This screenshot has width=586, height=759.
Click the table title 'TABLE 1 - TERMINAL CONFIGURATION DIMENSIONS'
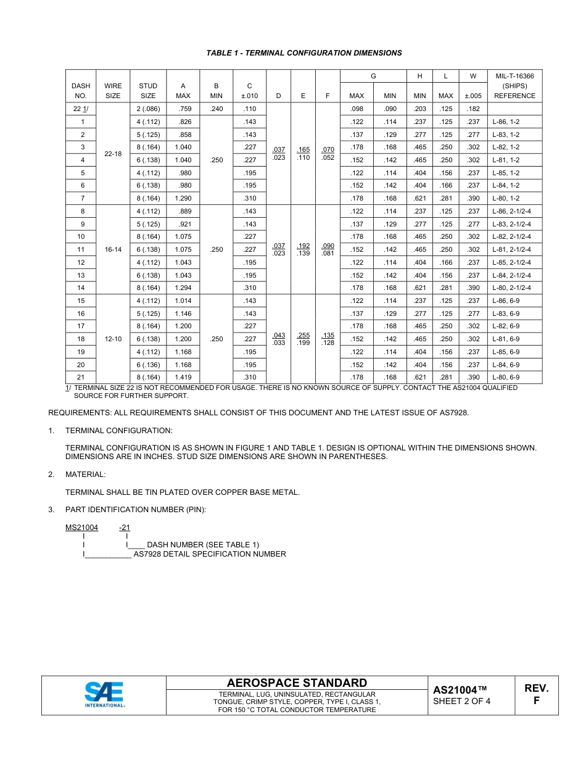(303, 53)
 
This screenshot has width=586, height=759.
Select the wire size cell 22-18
(113, 154)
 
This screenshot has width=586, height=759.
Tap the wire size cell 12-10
(113, 339)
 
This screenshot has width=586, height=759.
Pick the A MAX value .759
(183, 109)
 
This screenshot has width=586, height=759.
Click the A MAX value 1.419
(183, 377)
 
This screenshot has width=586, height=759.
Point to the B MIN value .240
(217, 109)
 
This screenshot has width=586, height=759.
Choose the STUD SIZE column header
(148, 91)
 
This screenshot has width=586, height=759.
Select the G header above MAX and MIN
(373, 76)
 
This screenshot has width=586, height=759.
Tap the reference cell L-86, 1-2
(506, 122)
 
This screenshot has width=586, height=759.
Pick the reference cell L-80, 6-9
(506, 377)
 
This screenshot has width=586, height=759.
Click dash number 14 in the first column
(81, 288)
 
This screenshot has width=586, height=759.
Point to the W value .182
(473, 109)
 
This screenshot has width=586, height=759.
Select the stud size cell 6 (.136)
(148, 365)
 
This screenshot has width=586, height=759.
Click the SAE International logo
(104, 695)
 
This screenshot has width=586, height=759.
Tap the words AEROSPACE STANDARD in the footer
(297, 682)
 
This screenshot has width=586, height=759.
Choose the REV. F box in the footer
(536, 695)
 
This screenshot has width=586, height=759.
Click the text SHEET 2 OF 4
(461, 701)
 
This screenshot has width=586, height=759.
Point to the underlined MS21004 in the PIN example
(82, 528)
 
